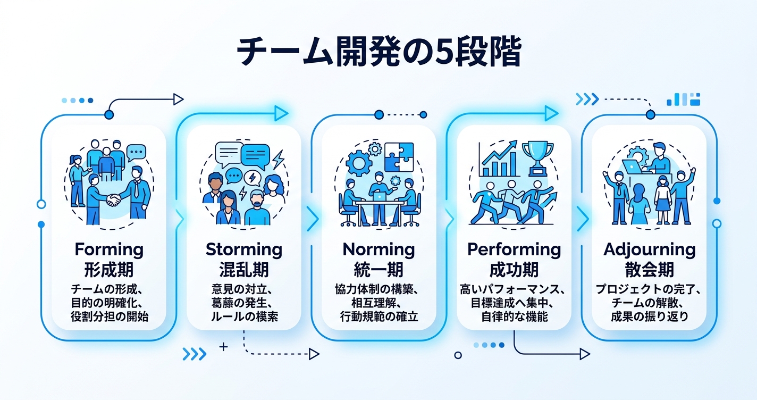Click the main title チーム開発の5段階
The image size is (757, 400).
point(378,52)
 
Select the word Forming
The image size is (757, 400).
point(109,249)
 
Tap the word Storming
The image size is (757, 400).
point(244,249)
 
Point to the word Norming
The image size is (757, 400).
point(378,249)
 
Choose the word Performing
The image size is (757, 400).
point(514,249)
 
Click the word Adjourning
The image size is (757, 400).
point(649,249)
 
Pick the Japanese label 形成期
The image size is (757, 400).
point(109,269)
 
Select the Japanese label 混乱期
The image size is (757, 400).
point(244,269)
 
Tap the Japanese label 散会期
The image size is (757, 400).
point(649,269)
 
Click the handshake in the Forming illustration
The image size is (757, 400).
point(113,200)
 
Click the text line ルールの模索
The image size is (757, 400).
point(244,316)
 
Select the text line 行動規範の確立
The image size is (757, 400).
point(378,316)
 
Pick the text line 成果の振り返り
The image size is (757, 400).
point(649,316)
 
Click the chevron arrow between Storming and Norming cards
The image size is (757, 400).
point(313,219)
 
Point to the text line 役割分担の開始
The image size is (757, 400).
point(109,316)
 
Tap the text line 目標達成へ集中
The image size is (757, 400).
point(514,303)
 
